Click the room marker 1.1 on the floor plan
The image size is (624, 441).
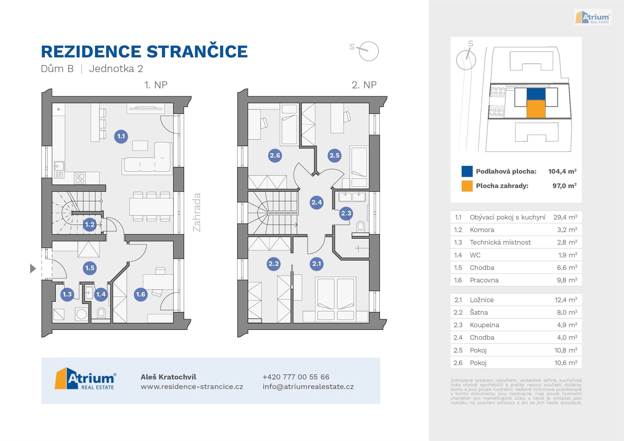coord(121,136)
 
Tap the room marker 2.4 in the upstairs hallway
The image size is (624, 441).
coord(317,202)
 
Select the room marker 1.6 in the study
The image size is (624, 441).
coord(140,294)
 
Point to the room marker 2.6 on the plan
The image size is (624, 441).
coord(275,155)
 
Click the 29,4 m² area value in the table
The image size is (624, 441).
coord(565,217)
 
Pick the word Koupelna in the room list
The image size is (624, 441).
coord(484,325)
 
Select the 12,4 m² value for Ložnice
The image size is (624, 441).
coord(565,300)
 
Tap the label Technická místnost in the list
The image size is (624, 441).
coord(500,242)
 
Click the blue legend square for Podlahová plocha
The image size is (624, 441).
coord(467,171)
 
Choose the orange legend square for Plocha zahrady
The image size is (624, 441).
coord(467,186)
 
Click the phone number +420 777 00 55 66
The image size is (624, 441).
coord(296,377)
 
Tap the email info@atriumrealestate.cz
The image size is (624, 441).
coord(308,387)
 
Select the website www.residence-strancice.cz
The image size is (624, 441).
coord(192,387)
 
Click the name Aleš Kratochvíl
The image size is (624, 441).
coord(168,377)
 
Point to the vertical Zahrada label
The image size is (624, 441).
coord(197,212)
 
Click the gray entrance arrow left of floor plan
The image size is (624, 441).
coord(33,269)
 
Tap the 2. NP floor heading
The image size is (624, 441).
coord(364,85)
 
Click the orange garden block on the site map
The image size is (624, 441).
coord(536,108)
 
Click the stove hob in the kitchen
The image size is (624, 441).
coord(80,178)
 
